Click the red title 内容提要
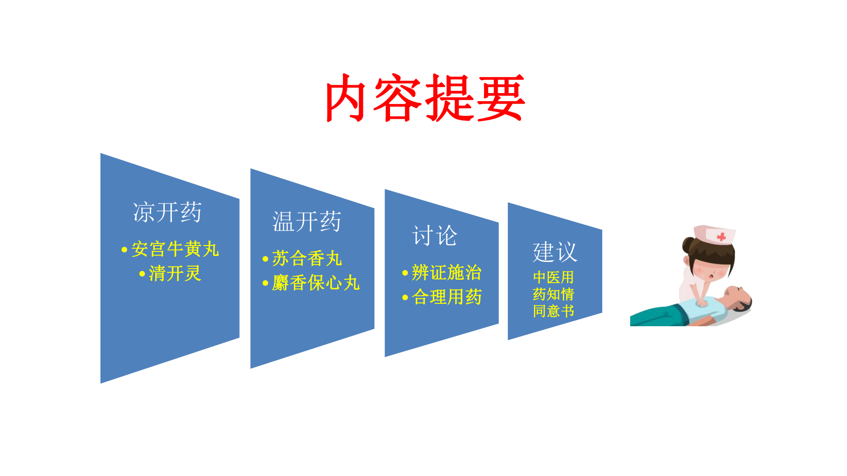point(426,98)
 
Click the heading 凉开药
point(167,212)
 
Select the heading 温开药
point(307,221)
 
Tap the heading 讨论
point(435,235)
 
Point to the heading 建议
point(555,252)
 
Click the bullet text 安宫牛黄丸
point(175,249)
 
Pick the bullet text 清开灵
point(175,273)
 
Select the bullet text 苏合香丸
point(307,258)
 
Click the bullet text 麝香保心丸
point(316,283)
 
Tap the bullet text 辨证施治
point(447,272)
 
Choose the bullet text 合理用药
point(447,297)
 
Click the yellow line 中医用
point(553,277)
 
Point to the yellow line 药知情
point(553,294)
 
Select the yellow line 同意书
point(553,311)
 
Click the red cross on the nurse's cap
point(722,237)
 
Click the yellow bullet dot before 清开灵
point(142,274)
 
